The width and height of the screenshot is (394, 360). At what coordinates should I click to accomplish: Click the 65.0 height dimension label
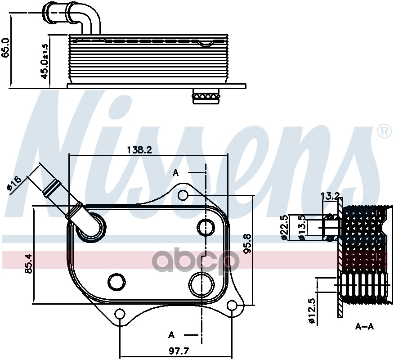point(6,48)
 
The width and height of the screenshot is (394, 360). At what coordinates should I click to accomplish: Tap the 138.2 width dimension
point(139,150)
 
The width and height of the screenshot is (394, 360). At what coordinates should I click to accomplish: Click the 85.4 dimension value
point(28,264)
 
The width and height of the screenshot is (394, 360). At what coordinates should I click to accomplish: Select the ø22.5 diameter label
point(284,227)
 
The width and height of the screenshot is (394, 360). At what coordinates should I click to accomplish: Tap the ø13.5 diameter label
point(303,227)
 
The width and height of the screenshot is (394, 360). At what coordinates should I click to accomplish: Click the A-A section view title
point(364,326)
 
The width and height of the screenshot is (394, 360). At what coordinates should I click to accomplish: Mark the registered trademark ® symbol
point(384,131)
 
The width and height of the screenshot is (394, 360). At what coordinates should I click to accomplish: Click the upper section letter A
point(176,172)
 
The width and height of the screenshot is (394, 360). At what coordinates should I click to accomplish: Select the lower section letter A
point(171,334)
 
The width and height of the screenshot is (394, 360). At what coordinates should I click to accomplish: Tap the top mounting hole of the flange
point(183,195)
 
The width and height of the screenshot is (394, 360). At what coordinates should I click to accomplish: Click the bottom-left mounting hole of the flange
point(120,314)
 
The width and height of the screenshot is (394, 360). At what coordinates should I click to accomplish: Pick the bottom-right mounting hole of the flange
point(232,306)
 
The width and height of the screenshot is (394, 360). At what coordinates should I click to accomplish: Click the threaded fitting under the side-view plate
point(206,96)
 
